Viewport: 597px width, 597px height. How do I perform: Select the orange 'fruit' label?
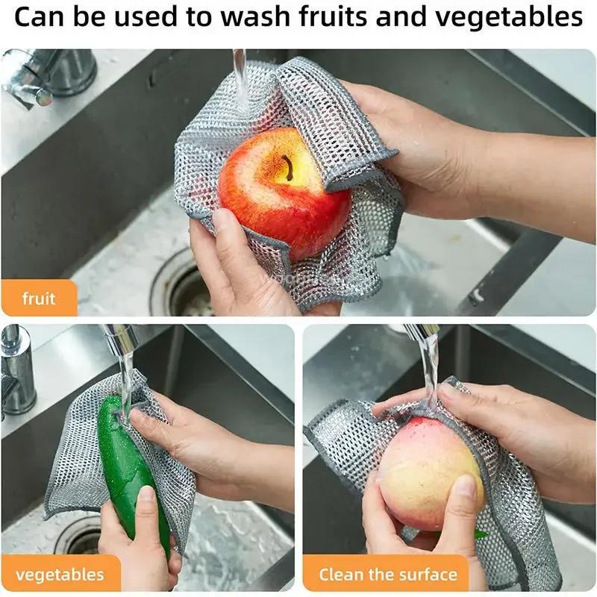pyautogui.click(x=39, y=298)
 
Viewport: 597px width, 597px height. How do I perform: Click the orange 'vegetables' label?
pyautogui.click(x=60, y=575)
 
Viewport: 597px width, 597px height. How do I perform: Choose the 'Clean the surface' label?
pyautogui.click(x=387, y=575)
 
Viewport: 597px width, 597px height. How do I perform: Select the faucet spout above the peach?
pyautogui.click(x=422, y=333)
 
